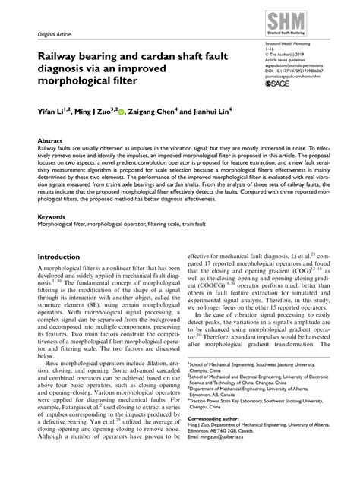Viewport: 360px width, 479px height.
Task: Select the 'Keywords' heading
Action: [x=43, y=216]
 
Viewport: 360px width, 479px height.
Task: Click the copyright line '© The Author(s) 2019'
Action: [x=283, y=53]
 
